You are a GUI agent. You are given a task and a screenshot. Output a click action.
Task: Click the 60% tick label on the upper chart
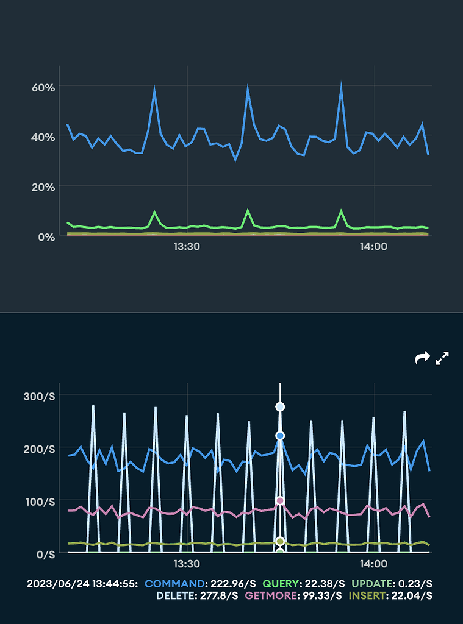(43, 87)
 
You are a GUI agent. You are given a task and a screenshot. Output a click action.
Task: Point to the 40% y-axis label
(43, 137)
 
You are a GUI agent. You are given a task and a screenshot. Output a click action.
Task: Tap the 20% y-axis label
(43, 186)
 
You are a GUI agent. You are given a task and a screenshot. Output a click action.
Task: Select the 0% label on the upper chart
(46, 236)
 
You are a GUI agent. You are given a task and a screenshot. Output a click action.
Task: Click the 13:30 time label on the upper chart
(187, 247)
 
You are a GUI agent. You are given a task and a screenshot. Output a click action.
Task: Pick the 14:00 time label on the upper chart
(373, 247)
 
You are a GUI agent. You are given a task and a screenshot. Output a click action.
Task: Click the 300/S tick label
(39, 397)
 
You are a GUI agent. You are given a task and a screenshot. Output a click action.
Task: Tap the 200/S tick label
(39, 449)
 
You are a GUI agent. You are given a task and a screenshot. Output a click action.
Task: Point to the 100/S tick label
(39, 502)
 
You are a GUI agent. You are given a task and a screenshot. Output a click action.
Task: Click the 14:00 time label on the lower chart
(373, 564)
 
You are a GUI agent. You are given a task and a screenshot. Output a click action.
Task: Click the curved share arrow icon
(422, 358)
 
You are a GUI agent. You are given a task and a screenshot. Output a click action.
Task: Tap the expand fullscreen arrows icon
(442, 358)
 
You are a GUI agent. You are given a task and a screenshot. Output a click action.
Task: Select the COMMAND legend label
(173, 584)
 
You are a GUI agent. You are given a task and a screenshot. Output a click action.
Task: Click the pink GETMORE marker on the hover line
(280, 501)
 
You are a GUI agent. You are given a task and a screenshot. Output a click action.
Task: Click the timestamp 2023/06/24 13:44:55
(82, 584)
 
